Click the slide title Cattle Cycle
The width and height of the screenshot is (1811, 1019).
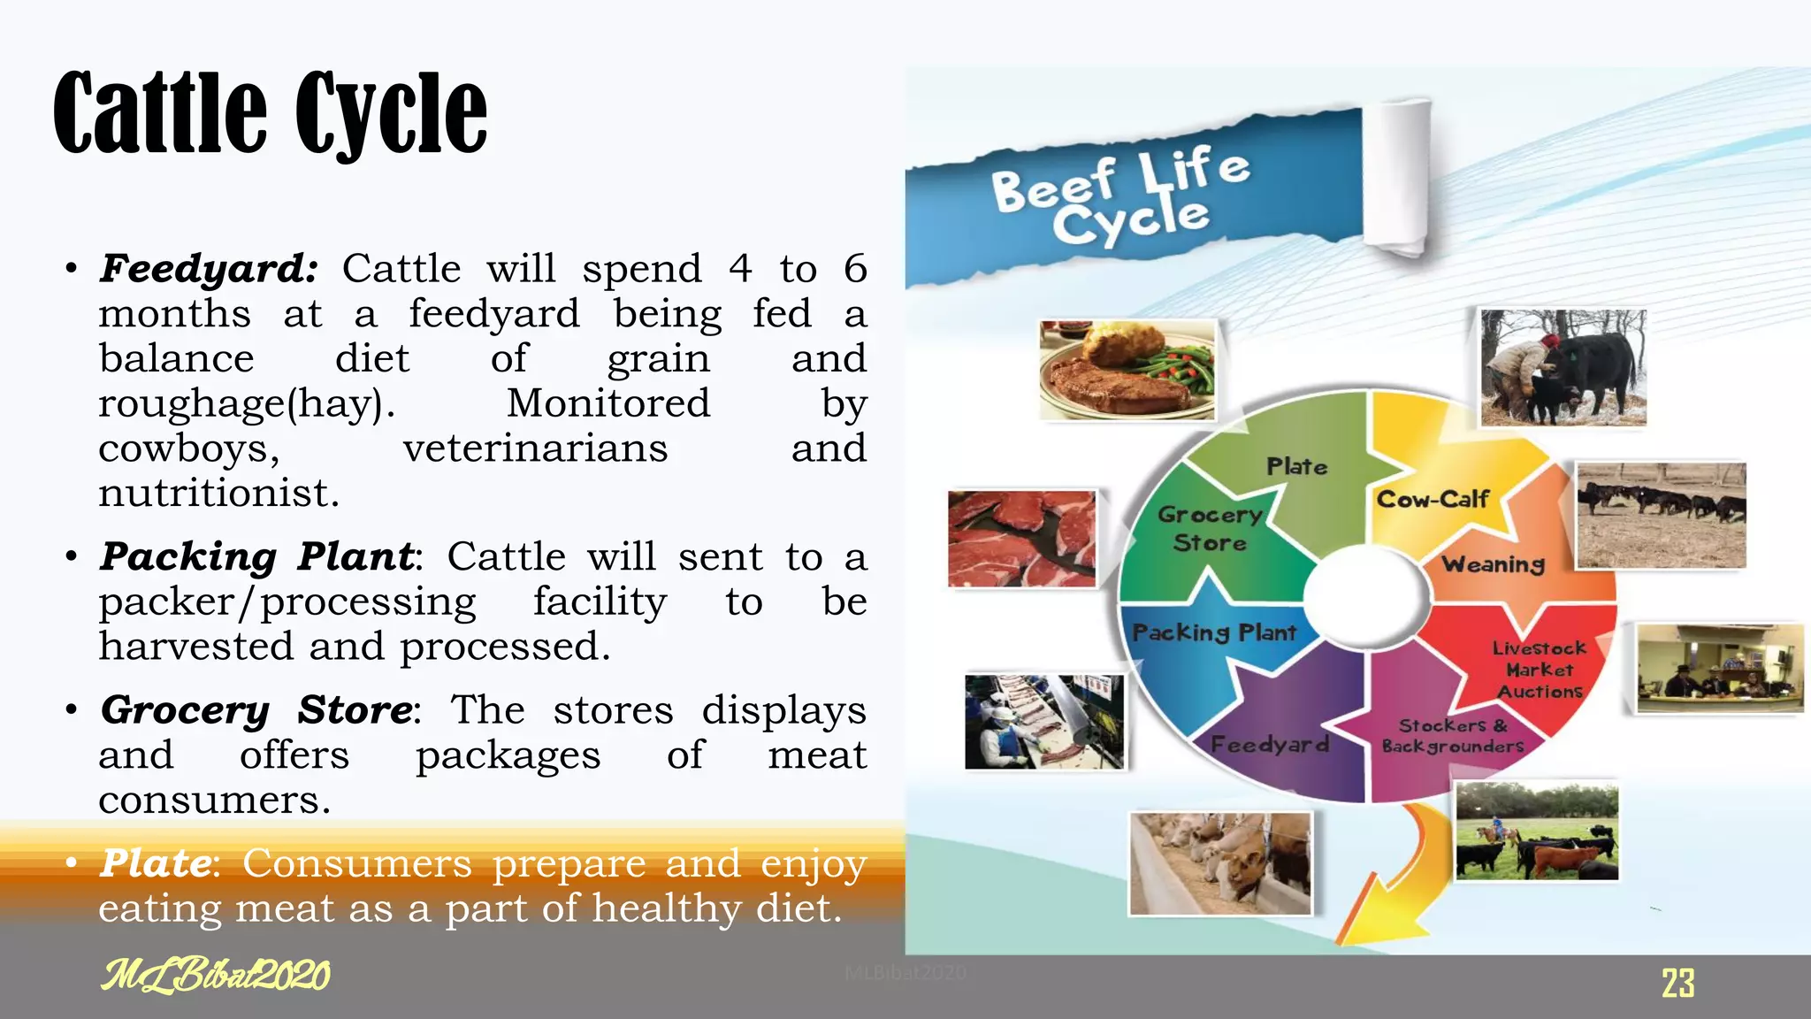click(270, 113)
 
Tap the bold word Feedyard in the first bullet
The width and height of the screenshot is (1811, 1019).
click(208, 268)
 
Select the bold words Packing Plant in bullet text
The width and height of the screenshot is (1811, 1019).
click(256, 556)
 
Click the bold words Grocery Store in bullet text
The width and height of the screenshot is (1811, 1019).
click(256, 709)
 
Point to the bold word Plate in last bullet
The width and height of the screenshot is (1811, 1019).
click(156, 862)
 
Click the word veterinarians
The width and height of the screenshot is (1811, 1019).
click(535, 448)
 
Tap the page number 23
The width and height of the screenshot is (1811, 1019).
click(1677, 983)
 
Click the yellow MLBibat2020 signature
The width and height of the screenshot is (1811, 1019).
click(215, 975)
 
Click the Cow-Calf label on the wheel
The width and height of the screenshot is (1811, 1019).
click(1433, 500)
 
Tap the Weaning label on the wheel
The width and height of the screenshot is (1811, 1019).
click(1494, 563)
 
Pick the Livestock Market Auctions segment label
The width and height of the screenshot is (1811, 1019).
click(1539, 670)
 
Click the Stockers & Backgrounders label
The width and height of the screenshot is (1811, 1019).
click(1453, 735)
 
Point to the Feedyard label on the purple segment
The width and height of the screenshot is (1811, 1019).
click(1269, 744)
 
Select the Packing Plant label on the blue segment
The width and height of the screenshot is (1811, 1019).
click(1214, 632)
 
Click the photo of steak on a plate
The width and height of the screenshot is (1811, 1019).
click(1127, 370)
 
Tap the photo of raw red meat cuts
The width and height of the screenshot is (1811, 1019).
click(1021, 539)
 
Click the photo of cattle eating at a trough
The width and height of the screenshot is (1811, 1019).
click(1220, 863)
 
